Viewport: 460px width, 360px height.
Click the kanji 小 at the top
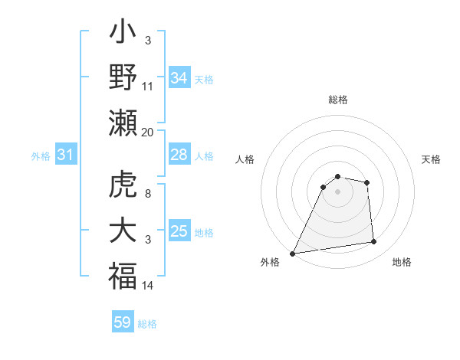point(123,35)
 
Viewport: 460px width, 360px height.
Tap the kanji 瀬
point(123,123)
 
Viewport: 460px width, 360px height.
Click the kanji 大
point(123,231)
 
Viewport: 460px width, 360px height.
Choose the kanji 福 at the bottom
point(123,276)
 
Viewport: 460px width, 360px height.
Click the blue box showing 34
point(179,77)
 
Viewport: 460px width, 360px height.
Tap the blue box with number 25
point(179,231)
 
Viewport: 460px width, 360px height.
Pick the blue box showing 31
point(66,155)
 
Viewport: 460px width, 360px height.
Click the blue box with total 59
point(123,322)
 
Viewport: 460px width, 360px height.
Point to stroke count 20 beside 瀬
point(148,132)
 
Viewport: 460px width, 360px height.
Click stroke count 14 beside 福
point(148,286)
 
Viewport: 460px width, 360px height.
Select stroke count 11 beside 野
point(148,86)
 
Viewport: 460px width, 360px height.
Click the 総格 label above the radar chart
point(337,100)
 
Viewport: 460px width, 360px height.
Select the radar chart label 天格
point(432,159)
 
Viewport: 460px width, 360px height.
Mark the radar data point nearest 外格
point(292,253)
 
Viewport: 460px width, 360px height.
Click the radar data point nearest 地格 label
point(374,242)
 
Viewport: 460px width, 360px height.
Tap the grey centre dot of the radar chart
point(337,192)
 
